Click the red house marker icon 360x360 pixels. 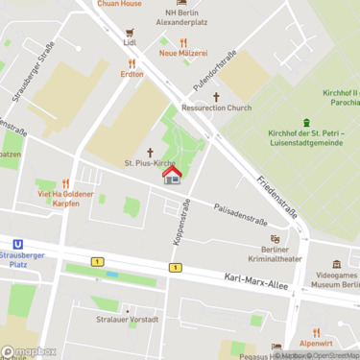173,176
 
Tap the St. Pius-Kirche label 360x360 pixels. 150,163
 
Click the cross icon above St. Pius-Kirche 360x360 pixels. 150,152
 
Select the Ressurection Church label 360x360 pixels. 216,108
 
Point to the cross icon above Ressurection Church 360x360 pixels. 216,96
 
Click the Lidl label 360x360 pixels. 131,43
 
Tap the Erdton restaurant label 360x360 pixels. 132,74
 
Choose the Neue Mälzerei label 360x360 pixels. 182,54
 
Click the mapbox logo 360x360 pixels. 29,351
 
